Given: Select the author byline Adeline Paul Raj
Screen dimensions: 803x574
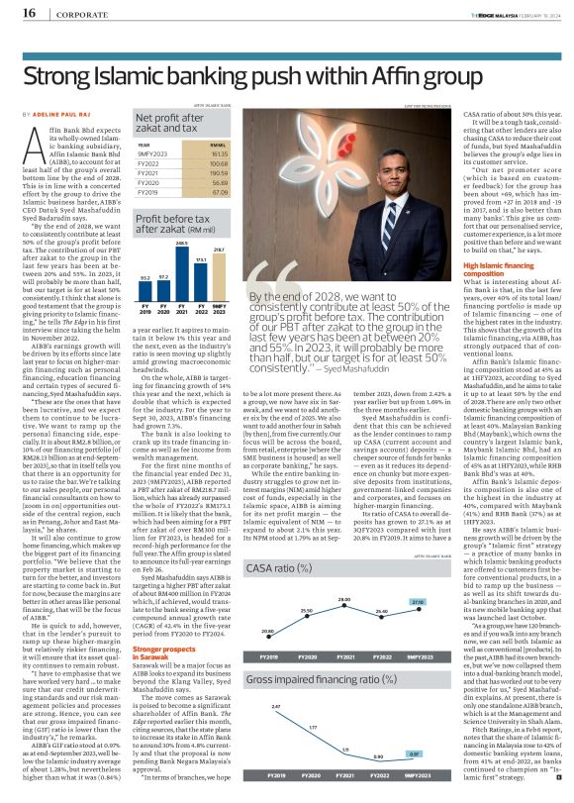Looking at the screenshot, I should click(x=56, y=116).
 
